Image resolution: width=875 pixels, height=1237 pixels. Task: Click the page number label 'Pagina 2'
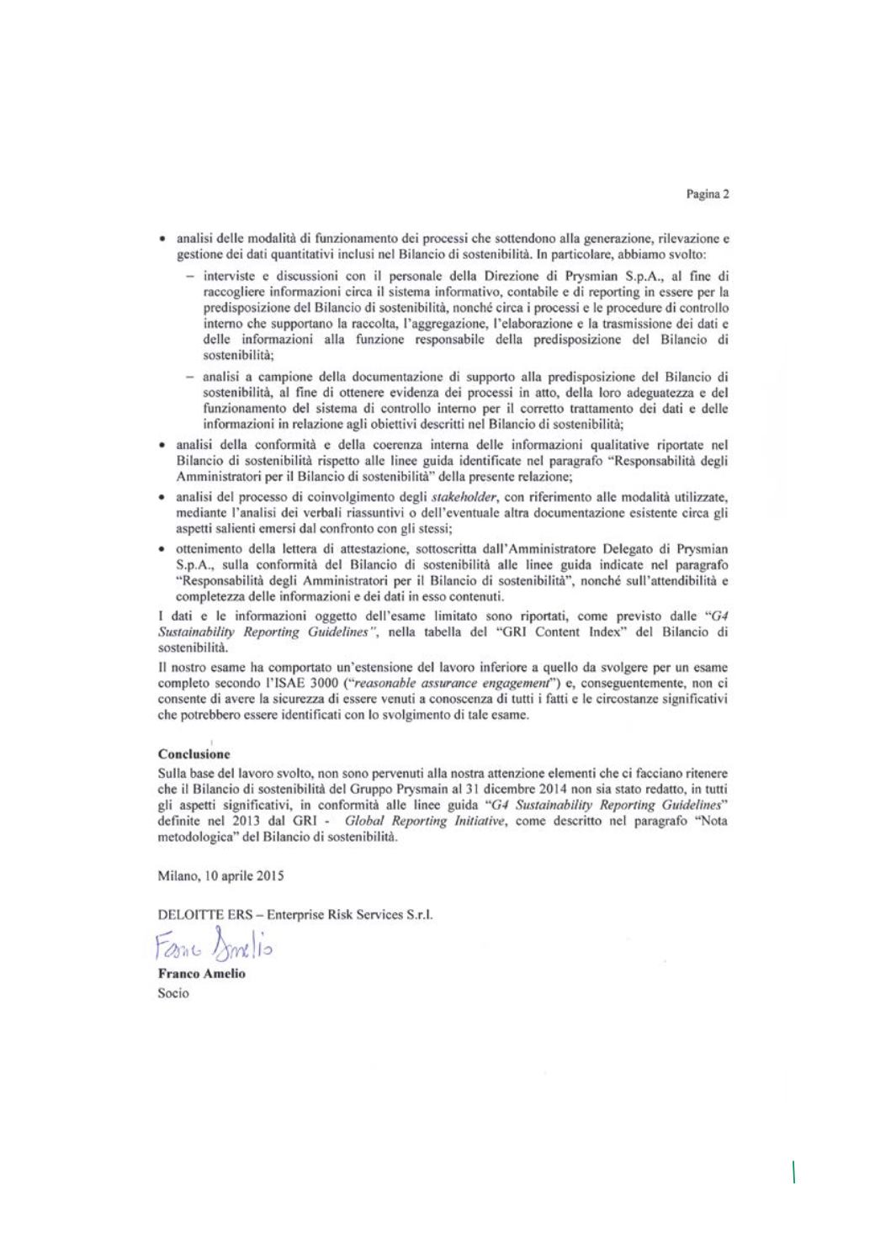click(707, 194)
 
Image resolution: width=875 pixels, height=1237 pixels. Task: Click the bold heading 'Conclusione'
click(194, 754)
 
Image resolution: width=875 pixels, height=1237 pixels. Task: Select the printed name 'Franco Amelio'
click(201, 974)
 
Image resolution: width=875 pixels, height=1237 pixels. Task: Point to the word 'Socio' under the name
click(173, 993)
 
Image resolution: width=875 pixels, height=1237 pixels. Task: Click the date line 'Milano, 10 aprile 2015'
click(220, 875)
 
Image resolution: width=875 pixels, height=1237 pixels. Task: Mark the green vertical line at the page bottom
click(793, 1171)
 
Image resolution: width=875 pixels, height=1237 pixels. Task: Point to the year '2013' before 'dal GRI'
click(250, 821)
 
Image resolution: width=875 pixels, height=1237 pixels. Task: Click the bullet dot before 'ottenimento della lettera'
click(162, 548)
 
